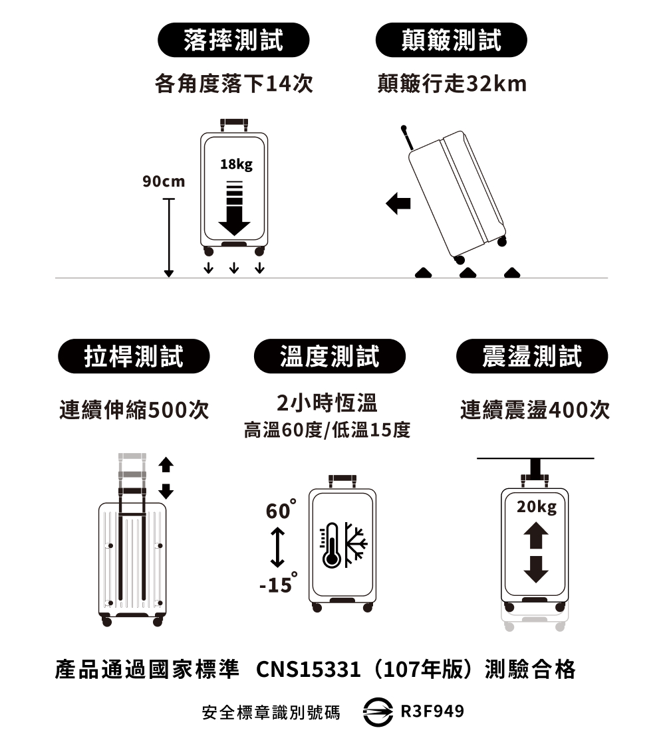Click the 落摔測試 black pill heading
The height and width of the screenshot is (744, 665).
coord(233,40)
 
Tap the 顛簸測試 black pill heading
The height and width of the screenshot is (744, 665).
coord(452,40)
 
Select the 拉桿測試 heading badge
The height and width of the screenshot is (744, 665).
coord(134,356)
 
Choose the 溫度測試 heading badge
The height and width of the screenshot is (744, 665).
coord(330,356)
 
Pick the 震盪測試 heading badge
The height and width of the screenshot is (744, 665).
coord(532,356)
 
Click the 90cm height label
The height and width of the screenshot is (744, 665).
coord(164,181)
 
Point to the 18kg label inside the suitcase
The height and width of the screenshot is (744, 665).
coord(237,164)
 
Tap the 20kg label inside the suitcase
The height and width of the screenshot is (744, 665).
coord(537,507)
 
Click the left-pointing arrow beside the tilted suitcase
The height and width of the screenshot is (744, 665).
coord(398,203)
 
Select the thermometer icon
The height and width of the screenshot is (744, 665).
coord(331,545)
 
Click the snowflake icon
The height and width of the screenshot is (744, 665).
coord(355,545)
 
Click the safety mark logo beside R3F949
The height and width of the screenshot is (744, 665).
coord(378,711)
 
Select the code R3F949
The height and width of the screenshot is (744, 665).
coord(432,711)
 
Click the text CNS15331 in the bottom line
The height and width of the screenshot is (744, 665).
coord(309,670)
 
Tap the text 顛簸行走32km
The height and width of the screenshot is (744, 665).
coord(452,84)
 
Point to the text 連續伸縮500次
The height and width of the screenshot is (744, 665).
coord(134,410)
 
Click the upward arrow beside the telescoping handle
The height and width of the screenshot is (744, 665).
coord(166,464)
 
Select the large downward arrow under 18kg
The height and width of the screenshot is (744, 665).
coord(234,209)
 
